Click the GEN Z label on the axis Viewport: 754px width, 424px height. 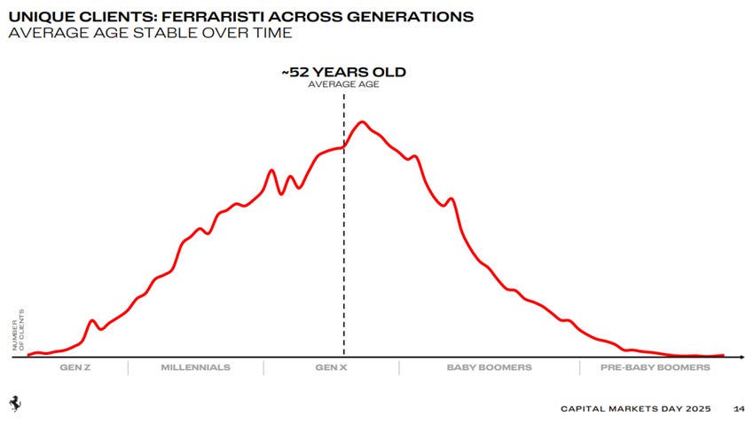75,367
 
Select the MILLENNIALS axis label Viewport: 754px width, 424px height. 195,367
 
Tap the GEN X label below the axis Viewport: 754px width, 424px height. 332,367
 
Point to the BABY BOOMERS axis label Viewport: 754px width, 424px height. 489,367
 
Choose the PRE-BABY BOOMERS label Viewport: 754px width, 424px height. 655,367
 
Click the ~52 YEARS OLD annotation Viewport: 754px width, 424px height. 343,73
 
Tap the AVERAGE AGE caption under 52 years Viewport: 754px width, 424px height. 343,84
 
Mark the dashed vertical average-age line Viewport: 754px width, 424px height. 344,248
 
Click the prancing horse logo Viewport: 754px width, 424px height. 15,403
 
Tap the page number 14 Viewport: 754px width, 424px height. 739,409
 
